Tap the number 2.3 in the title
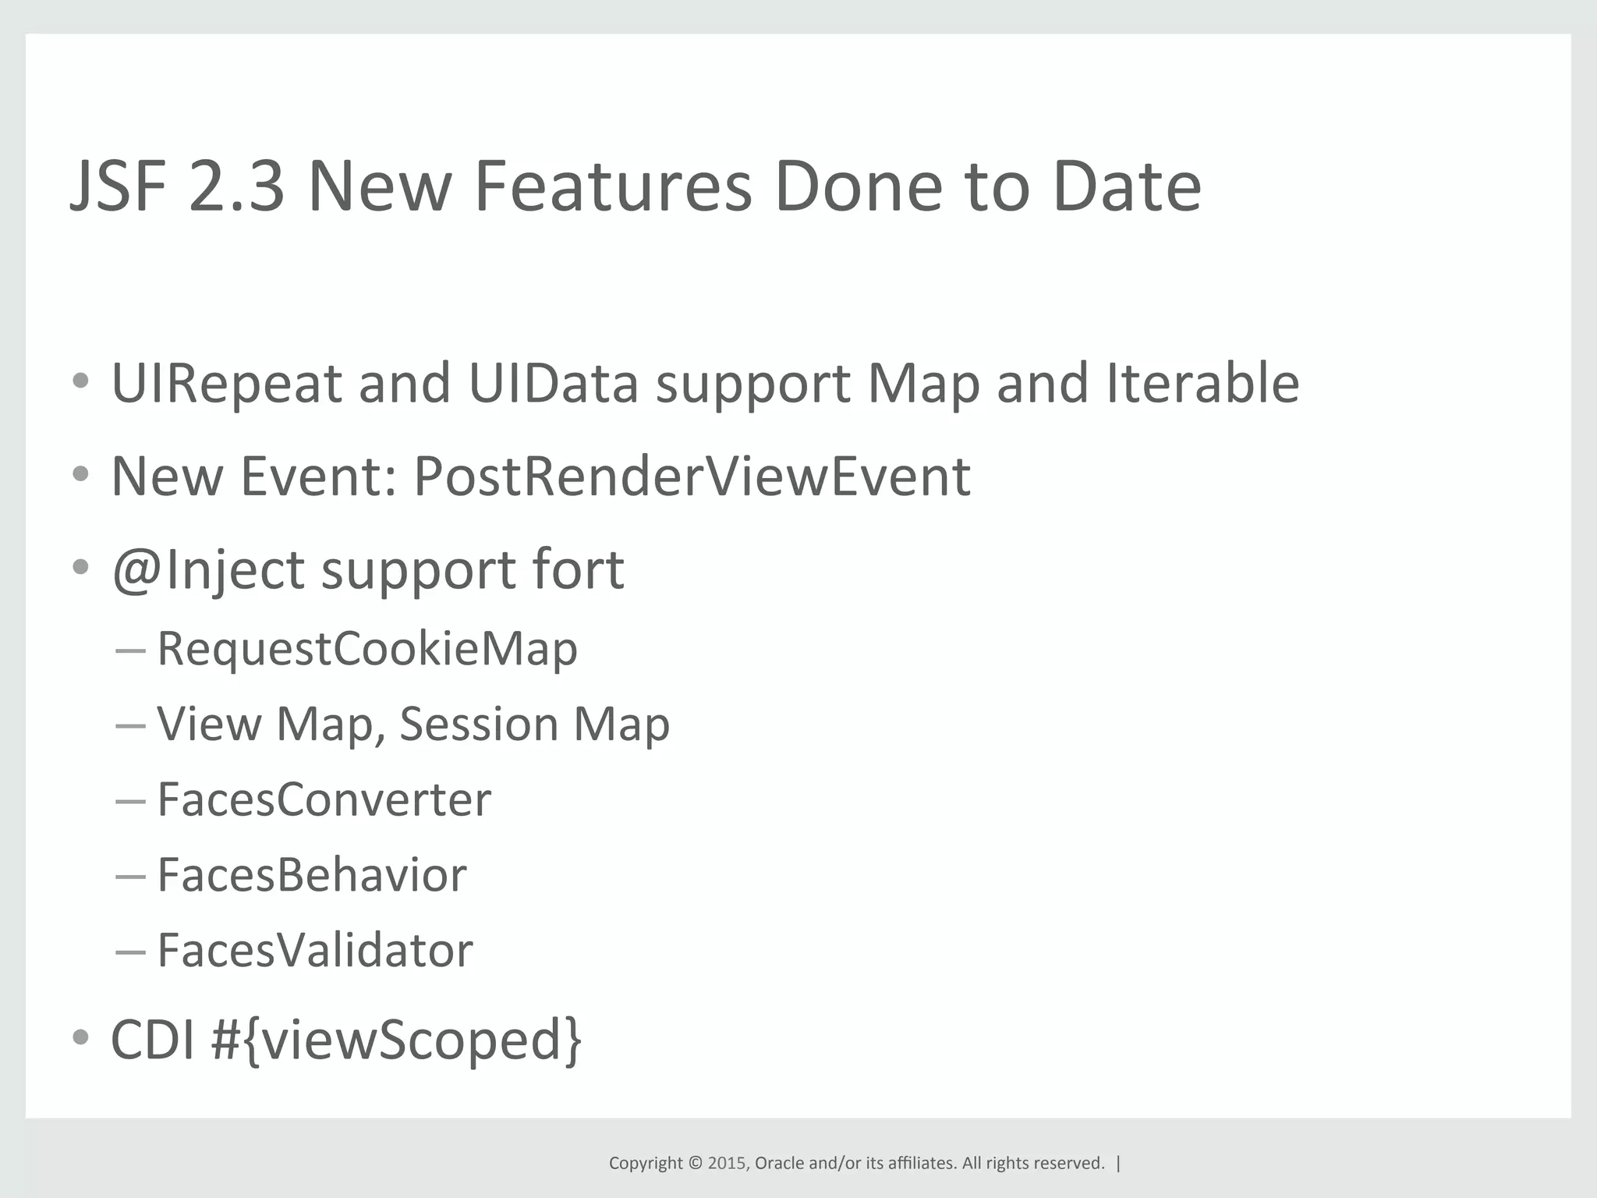click(236, 187)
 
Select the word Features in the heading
click(612, 187)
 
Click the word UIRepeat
click(227, 384)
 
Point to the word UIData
click(553, 384)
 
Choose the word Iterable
click(1202, 384)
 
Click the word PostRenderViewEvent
click(692, 476)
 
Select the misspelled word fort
click(578, 569)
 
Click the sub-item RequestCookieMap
click(367, 649)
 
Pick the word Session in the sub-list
click(479, 724)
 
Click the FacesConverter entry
click(324, 799)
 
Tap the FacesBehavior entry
click(312, 875)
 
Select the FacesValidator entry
click(315, 950)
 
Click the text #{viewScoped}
click(396, 1040)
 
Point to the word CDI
click(153, 1040)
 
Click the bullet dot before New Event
click(80, 474)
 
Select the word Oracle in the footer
click(779, 1163)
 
